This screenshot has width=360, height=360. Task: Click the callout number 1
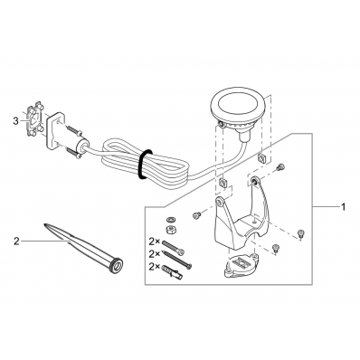(x=343, y=207)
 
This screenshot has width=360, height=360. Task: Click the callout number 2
(x=16, y=242)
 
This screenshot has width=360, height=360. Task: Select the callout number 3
(x=16, y=121)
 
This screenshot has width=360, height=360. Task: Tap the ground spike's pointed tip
(x=44, y=224)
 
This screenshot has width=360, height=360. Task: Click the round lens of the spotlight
(x=237, y=107)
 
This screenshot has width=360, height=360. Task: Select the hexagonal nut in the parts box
(x=170, y=230)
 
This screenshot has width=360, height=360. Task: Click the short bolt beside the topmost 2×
(x=173, y=248)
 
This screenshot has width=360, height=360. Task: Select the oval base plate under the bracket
(x=242, y=265)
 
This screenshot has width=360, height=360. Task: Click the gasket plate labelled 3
(x=33, y=119)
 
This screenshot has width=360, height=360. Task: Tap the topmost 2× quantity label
(x=155, y=242)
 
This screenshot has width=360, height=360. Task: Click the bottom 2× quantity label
(x=155, y=266)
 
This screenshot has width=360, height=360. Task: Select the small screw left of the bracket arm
(x=197, y=215)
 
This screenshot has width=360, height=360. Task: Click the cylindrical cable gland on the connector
(x=81, y=146)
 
